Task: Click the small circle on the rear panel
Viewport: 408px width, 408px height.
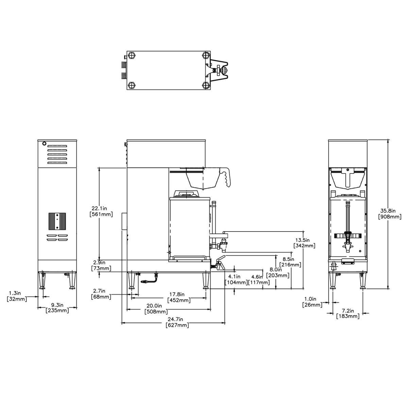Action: pos(44,143)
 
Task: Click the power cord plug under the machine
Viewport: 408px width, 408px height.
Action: pos(145,282)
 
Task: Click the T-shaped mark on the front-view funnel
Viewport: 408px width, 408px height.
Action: pos(348,178)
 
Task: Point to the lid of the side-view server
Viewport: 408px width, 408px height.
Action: pos(186,194)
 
